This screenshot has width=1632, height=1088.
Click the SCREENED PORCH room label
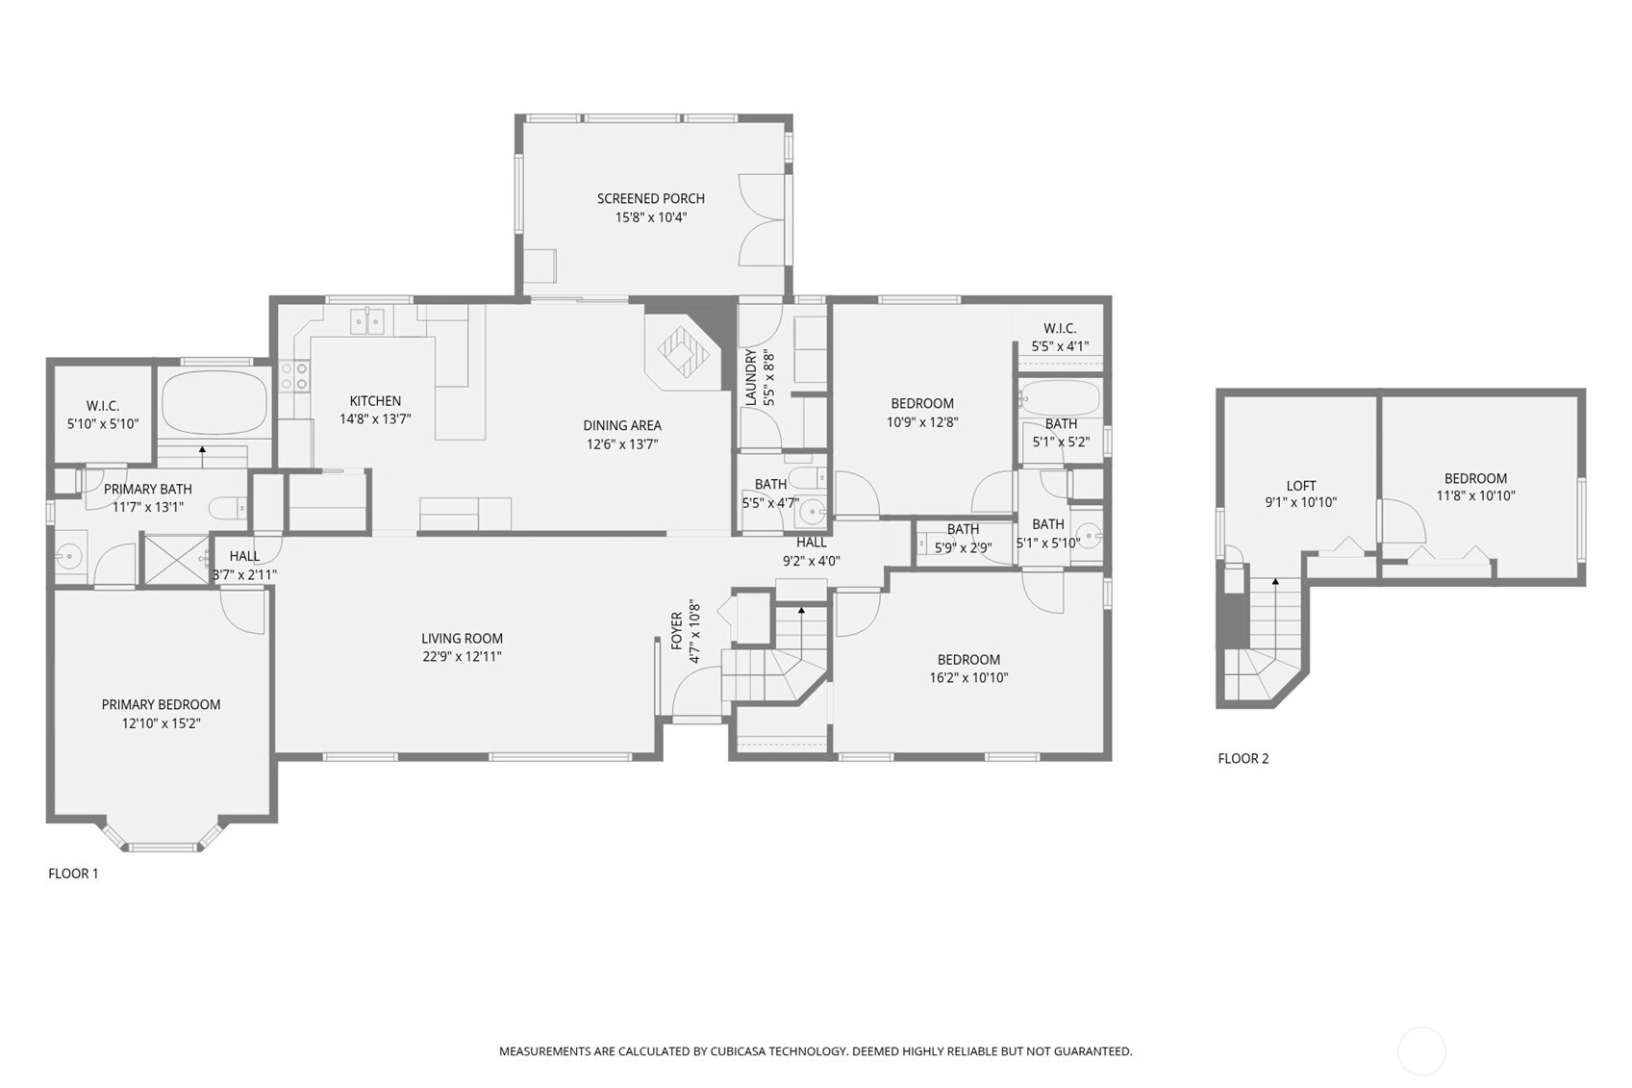(651, 198)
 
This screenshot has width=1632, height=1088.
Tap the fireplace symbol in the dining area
(684, 352)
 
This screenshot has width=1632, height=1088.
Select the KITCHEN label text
(375, 401)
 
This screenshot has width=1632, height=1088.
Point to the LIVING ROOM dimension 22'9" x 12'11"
(462, 656)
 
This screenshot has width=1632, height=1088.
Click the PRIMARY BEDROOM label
(161, 705)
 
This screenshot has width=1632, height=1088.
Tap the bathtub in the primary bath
(214, 403)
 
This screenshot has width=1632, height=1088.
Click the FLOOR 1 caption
(73, 873)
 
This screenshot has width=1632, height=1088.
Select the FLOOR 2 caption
(1243, 759)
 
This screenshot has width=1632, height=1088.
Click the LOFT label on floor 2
(1301, 486)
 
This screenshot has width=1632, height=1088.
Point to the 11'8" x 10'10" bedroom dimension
(1475, 495)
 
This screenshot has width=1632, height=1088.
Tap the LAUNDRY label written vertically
(750, 377)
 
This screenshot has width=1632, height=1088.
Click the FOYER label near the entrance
(677, 631)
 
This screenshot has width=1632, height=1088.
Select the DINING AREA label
(622, 425)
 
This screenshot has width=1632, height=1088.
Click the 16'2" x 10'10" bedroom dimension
(968, 678)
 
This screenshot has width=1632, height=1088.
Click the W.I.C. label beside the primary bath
(103, 406)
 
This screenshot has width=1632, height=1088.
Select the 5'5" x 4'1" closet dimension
(1060, 347)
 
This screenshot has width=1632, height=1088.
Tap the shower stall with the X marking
(177, 560)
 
